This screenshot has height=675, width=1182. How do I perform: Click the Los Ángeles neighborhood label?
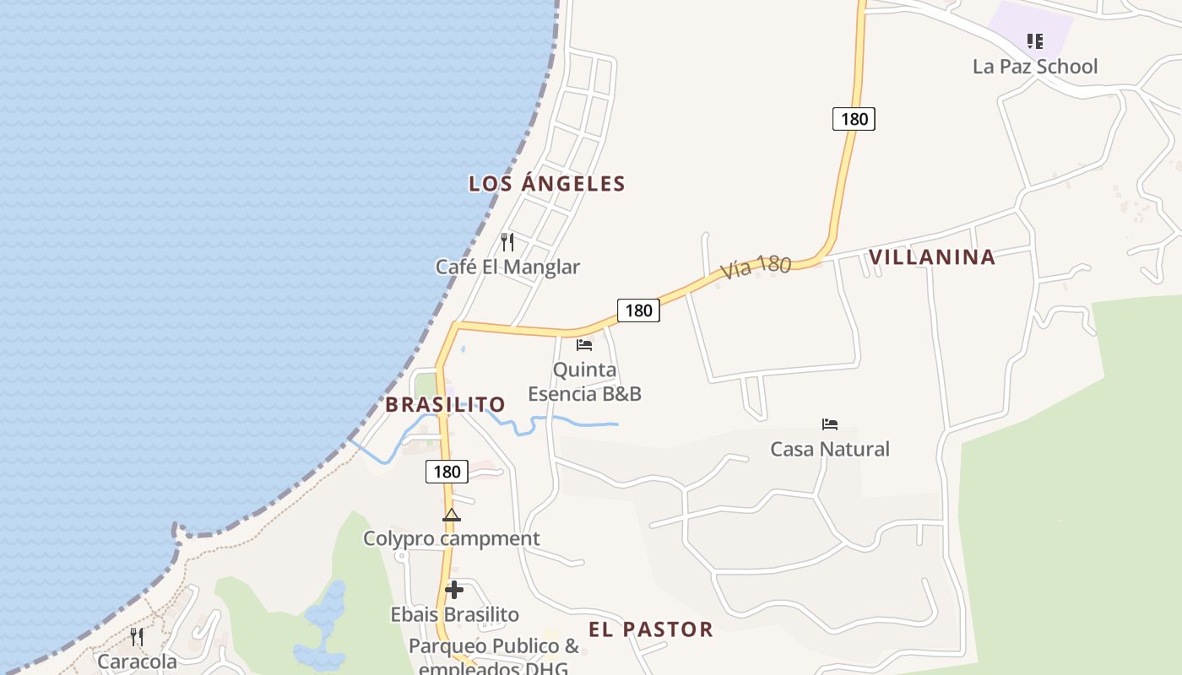(x=547, y=184)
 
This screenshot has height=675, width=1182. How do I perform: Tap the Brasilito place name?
(x=445, y=405)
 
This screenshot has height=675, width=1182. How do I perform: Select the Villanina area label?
(x=932, y=257)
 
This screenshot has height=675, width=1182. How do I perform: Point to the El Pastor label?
(x=650, y=629)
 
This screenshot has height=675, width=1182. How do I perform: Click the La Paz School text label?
(x=1035, y=67)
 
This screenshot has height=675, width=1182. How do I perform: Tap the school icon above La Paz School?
(x=1035, y=40)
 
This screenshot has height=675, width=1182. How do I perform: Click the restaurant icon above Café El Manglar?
(x=507, y=242)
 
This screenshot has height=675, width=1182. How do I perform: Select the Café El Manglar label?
(x=507, y=267)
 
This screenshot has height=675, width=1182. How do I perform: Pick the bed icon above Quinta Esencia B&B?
(x=584, y=345)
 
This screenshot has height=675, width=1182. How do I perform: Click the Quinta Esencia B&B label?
(x=584, y=382)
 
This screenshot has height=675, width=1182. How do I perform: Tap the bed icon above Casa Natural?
(x=830, y=424)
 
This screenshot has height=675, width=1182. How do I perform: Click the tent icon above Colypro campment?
(x=452, y=515)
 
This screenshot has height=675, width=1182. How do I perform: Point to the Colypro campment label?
(x=452, y=538)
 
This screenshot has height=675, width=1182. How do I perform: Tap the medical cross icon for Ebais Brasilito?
(x=454, y=590)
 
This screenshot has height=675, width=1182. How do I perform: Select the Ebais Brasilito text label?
(x=454, y=614)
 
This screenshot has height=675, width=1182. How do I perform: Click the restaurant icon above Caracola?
(x=137, y=636)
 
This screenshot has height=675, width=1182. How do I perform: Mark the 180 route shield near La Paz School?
(x=854, y=119)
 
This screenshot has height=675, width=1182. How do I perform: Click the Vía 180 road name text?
(x=756, y=267)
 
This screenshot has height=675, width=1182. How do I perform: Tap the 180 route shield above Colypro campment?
(x=446, y=472)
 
